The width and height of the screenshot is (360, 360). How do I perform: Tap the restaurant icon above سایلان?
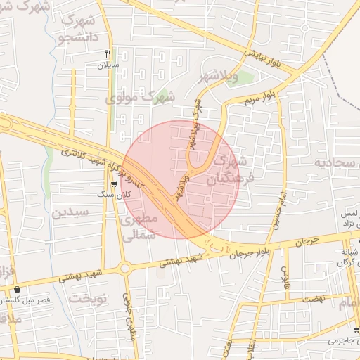coord(108,53)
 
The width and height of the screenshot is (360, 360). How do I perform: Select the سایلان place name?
coord(109,65)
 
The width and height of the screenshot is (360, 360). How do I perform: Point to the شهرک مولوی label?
coord(139,97)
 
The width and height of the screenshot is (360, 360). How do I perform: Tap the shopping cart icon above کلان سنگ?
coord(114,184)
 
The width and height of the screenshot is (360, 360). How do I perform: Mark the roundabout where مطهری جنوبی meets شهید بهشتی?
coord(125,268)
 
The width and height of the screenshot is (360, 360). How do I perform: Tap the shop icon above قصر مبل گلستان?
coord(15,289)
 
